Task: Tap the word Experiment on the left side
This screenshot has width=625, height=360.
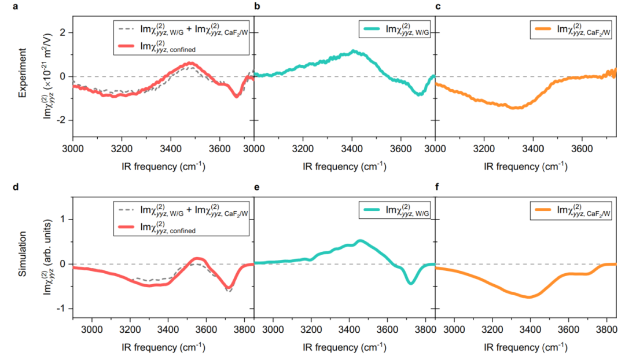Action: [x=23, y=75]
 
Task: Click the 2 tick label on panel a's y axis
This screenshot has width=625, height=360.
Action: [x=64, y=32]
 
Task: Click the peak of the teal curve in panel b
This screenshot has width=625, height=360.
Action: [x=354, y=52]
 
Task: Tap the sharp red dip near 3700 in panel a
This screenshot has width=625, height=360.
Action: [x=236, y=96]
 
